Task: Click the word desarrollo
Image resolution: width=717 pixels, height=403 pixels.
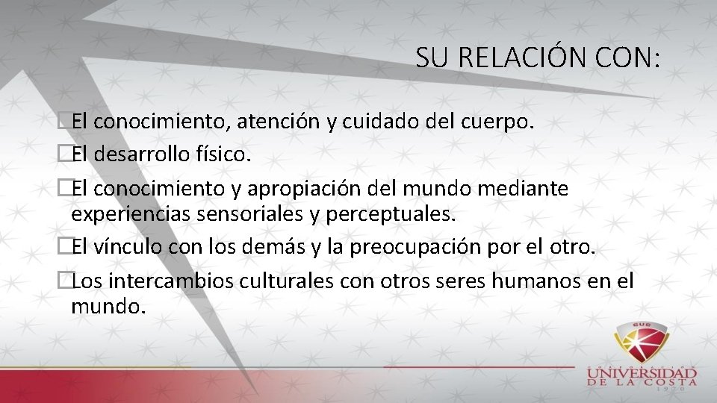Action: (149, 154)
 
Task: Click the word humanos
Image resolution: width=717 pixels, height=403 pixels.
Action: (527, 281)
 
